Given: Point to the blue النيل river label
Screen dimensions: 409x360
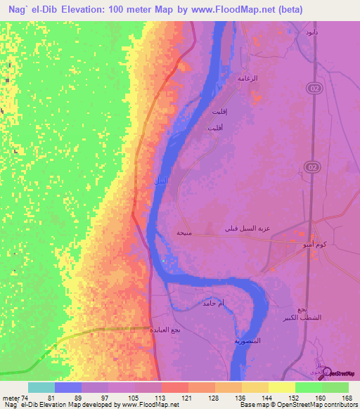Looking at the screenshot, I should (x=160, y=181).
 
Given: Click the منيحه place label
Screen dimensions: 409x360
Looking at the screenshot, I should (x=184, y=232).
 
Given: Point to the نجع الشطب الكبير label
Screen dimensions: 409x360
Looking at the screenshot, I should (x=302, y=314).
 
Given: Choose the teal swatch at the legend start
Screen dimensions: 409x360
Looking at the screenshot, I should (x=41, y=387).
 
